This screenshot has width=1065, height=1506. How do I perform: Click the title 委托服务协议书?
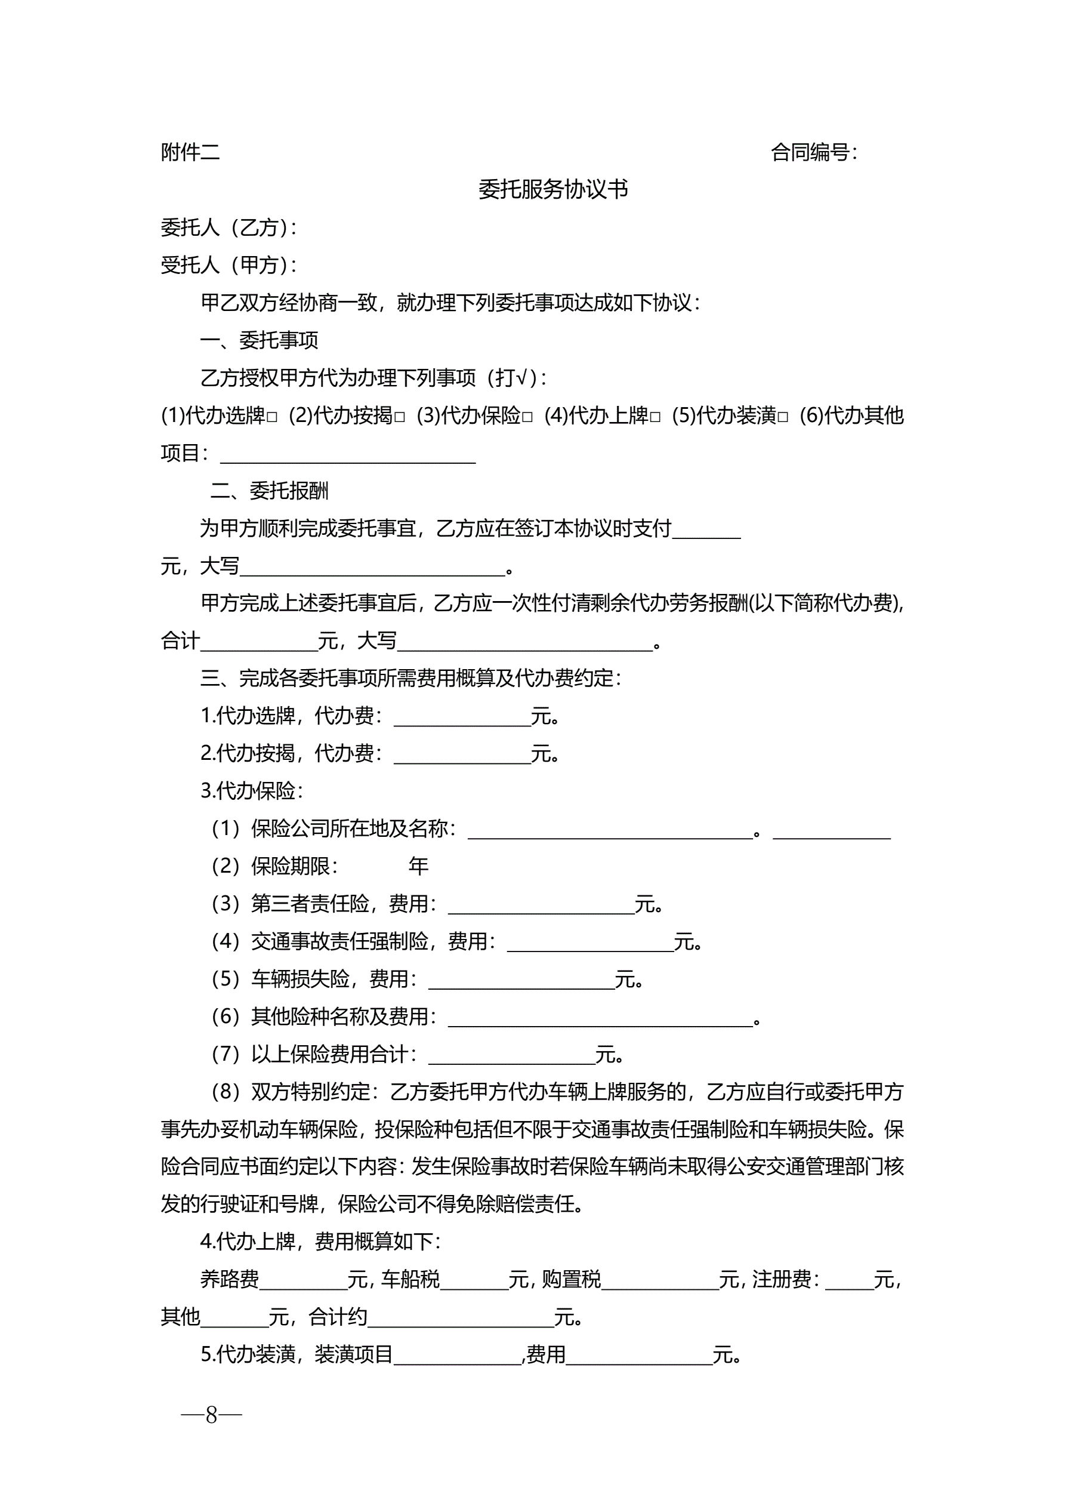[553, 190]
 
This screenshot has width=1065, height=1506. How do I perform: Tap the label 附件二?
[190, 152]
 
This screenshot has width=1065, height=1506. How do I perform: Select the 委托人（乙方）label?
[228, 227]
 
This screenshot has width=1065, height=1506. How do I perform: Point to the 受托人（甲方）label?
[228, 265]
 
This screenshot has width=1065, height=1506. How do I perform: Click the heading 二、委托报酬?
[269, 491]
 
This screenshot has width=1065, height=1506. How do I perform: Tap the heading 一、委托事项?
[259, 340]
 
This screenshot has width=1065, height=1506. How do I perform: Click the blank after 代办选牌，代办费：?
[462, 717]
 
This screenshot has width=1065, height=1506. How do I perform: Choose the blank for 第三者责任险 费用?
[541, 905]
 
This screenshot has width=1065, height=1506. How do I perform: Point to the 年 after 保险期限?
[418, 867]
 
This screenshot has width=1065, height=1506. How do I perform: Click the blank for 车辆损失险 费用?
[521, 980]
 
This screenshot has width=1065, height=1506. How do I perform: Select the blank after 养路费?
[303, 1280]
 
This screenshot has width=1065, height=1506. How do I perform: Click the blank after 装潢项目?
[457, 1355]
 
